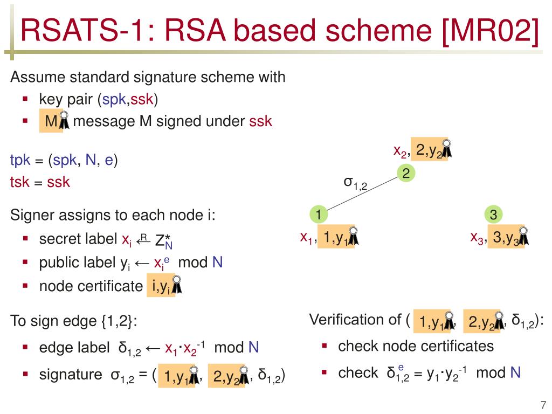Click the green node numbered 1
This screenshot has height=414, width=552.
click(319, 215)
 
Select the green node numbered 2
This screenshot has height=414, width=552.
click(406, 173)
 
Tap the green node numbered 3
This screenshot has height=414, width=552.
click(493, 215)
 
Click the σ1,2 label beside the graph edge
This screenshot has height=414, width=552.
click(355, 183)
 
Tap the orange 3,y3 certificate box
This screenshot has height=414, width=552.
click(507, 238)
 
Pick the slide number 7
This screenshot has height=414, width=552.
click(542, 405)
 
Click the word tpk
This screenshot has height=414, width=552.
click(20, 161)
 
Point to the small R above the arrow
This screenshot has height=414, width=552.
click(143, 236)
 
